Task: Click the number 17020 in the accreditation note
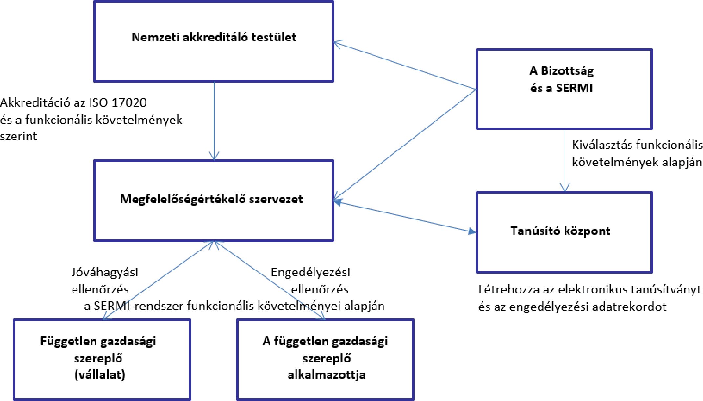coord(129,103)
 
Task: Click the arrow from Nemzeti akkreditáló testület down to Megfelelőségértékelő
coord(214,121)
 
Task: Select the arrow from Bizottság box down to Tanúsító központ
coord(565,161)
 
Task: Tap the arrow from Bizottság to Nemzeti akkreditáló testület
coord(405,65)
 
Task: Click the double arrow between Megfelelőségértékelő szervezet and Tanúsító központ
coord(405,217)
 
